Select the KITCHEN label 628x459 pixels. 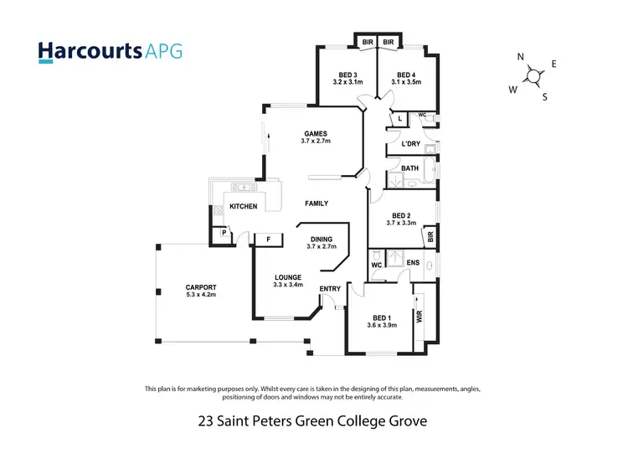[243, 206]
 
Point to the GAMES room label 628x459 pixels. [316, 133]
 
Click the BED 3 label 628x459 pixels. [347, 74]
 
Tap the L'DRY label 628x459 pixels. [410, 144]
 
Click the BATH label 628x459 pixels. [409, 168]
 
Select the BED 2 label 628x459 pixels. [402, 214]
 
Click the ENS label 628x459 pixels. [413, 263]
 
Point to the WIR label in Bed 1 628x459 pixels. [420, 317]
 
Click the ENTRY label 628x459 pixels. [330, 289]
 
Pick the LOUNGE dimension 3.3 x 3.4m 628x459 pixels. [287, 286]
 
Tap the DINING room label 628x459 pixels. [322, 239]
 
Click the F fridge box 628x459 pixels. [268, 240]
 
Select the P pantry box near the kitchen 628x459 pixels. [224, 234]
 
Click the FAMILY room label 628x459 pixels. [317, 204]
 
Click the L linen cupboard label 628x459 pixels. [400, 119]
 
